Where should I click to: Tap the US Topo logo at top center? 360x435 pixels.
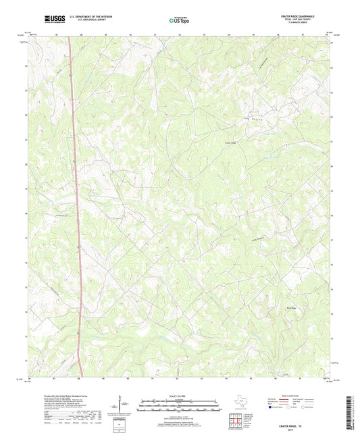179,20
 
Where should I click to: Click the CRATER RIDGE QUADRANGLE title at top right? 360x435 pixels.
315,16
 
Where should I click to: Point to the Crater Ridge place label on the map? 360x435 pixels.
230,143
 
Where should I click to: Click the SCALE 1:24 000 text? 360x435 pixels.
180,396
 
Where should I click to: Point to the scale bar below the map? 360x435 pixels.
180,405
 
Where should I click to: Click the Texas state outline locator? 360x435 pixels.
242,404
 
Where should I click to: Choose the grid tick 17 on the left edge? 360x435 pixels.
27,238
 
